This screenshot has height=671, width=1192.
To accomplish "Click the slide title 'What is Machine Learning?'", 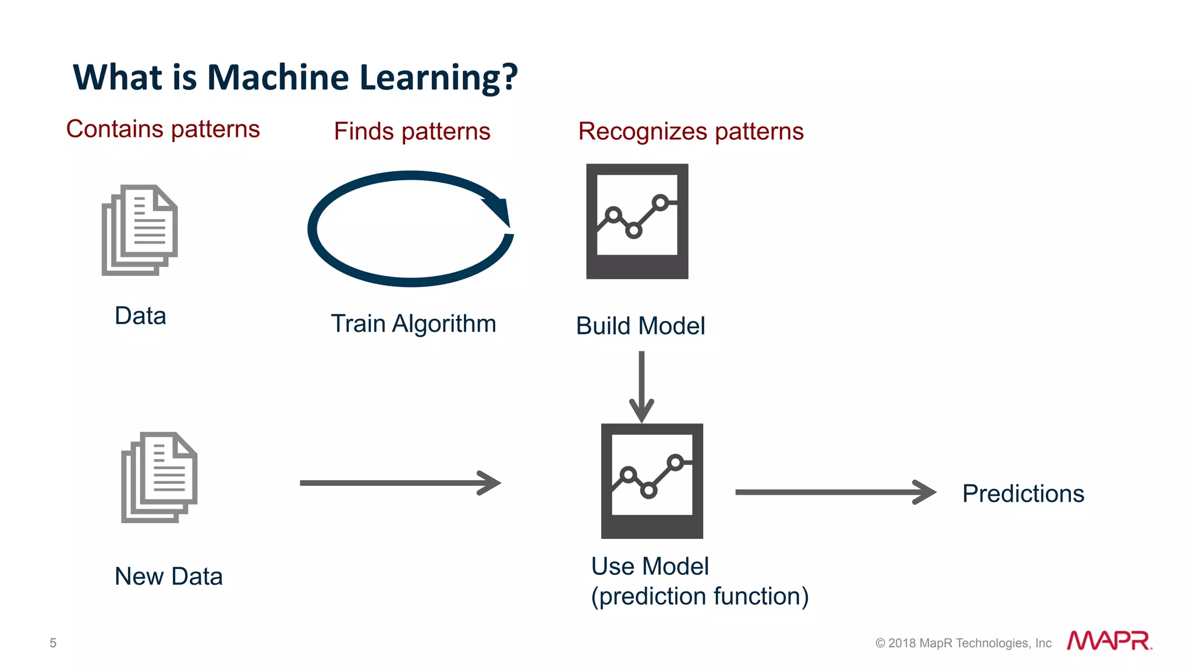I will coord(295,77).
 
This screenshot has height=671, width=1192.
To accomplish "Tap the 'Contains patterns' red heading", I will coord(163,129).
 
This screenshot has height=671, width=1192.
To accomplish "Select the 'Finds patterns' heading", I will coord(412,132).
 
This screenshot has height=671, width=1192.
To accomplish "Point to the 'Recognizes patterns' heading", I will coord(691,132).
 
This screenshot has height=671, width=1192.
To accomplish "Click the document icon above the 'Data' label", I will coord(140,229).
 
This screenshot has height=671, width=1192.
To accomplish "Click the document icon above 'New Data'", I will coord(159,477).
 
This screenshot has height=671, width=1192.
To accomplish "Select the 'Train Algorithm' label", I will coord(413,324).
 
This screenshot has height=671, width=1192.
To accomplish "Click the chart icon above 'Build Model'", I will coord(637,221).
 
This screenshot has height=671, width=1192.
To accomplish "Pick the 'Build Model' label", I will coord(640,326).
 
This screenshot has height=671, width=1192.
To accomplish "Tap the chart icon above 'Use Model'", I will coord(652,481).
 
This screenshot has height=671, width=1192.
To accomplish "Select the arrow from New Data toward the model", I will coord(400,482).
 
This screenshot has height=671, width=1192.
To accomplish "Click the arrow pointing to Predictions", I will coord(835,492).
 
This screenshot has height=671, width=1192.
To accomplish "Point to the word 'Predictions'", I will coord(1023,494).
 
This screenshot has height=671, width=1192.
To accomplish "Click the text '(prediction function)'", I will coord(700,597).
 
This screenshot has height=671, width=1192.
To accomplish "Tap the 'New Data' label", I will coord(169,577).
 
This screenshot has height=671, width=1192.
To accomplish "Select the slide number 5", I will coord(53,643).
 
